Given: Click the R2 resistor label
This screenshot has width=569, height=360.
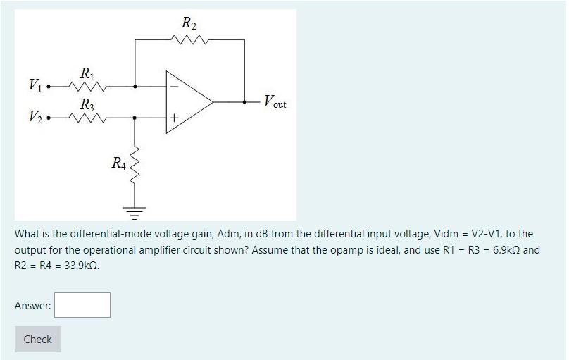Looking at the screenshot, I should click(189, 23).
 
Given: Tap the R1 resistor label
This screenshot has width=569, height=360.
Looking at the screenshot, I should click(87, 73).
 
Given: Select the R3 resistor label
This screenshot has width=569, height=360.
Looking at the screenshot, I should click(87, 104).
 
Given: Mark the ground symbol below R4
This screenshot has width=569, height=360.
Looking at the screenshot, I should click(135, 210).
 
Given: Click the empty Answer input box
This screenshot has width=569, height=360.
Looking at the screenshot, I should click(82, 305).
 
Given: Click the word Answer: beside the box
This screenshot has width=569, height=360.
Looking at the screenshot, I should click(32, 306).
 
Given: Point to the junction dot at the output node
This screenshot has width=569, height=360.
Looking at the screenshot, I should click(244, 101).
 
